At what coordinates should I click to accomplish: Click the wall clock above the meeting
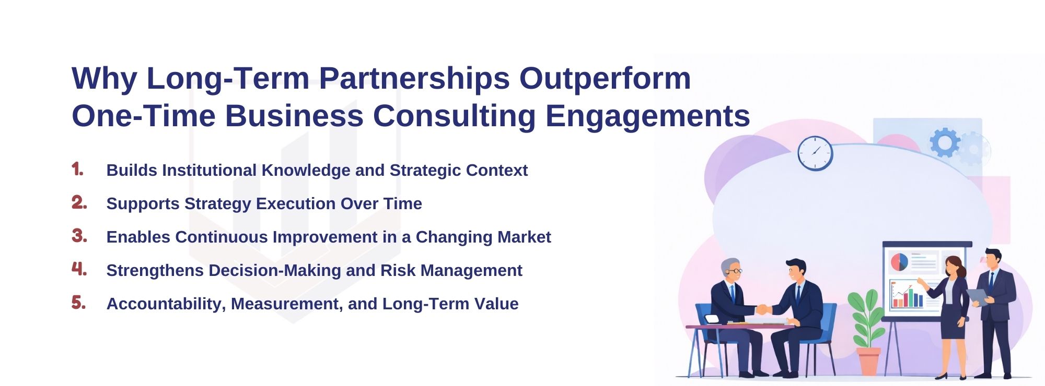[x=815, y=153]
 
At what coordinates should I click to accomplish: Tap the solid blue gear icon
[x=944, y=142]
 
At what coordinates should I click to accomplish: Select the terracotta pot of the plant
[x=868, y=360]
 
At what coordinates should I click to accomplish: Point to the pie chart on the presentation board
[x=899, y=262]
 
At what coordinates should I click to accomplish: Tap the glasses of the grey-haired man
[x=735, y=271]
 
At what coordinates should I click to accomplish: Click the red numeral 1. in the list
[x=78, y=170]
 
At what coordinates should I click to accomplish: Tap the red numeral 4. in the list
[x=79, y=269]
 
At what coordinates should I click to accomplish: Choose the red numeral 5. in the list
[x=79, y=303]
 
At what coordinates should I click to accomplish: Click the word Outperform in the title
[x=605, y=79]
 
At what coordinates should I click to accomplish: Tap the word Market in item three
[x=524, y=237]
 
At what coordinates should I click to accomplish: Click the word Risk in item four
[x=398, y=271]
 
